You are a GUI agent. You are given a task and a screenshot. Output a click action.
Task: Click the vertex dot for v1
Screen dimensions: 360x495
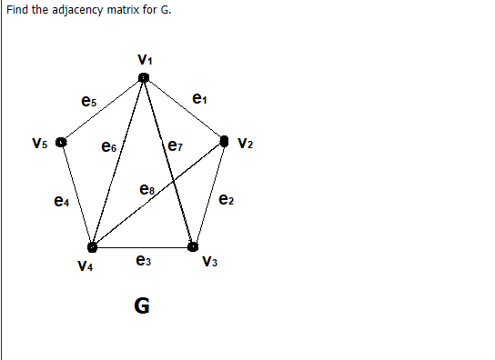(x=144, y=79)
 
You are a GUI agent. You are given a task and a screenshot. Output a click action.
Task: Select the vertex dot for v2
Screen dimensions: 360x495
(x=226, y=142)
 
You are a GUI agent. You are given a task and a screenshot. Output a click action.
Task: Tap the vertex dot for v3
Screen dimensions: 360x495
(x=193, y=246)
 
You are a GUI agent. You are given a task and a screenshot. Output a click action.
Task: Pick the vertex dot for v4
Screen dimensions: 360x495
(x=92, y=246)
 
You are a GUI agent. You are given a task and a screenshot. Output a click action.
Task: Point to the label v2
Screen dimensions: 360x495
(x=246, y=143)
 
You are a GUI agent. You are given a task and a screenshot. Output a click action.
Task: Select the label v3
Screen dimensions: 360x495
(x=211, y=264)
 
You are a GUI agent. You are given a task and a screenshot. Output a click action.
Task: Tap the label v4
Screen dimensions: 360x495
(x=86, y=265)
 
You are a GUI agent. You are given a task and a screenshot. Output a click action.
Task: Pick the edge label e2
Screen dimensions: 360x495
(x=227, y=199)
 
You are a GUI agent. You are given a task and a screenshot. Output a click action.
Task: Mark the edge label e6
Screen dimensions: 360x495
(x=109, y=145)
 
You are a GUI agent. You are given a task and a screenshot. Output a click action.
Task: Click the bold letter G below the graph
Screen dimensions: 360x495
(x=142, y=305)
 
